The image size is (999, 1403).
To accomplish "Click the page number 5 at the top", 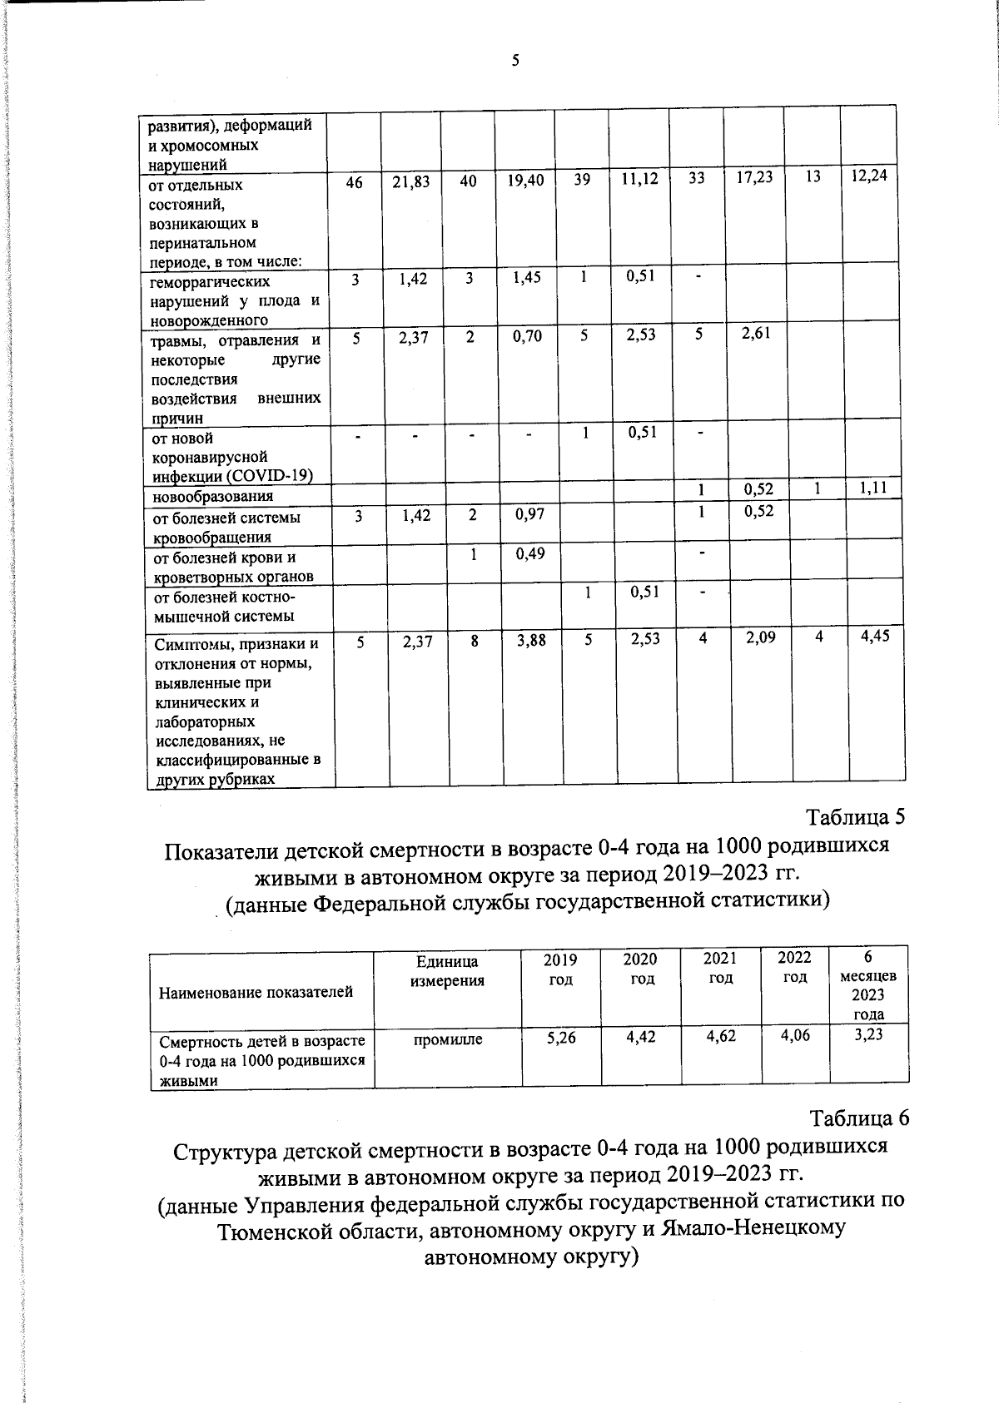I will [515, 60].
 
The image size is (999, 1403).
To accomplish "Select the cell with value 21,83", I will [410, 181].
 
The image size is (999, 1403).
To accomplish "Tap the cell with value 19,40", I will [524, 181].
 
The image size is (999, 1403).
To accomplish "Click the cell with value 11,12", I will [639, 180].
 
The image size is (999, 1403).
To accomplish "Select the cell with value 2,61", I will [756, 334].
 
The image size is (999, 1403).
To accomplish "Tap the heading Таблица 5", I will [855, 816].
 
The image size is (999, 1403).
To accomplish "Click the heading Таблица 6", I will [859, 1118].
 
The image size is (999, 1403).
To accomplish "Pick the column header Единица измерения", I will [447, 971].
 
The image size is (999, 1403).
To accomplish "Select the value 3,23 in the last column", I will [868, 1034].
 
